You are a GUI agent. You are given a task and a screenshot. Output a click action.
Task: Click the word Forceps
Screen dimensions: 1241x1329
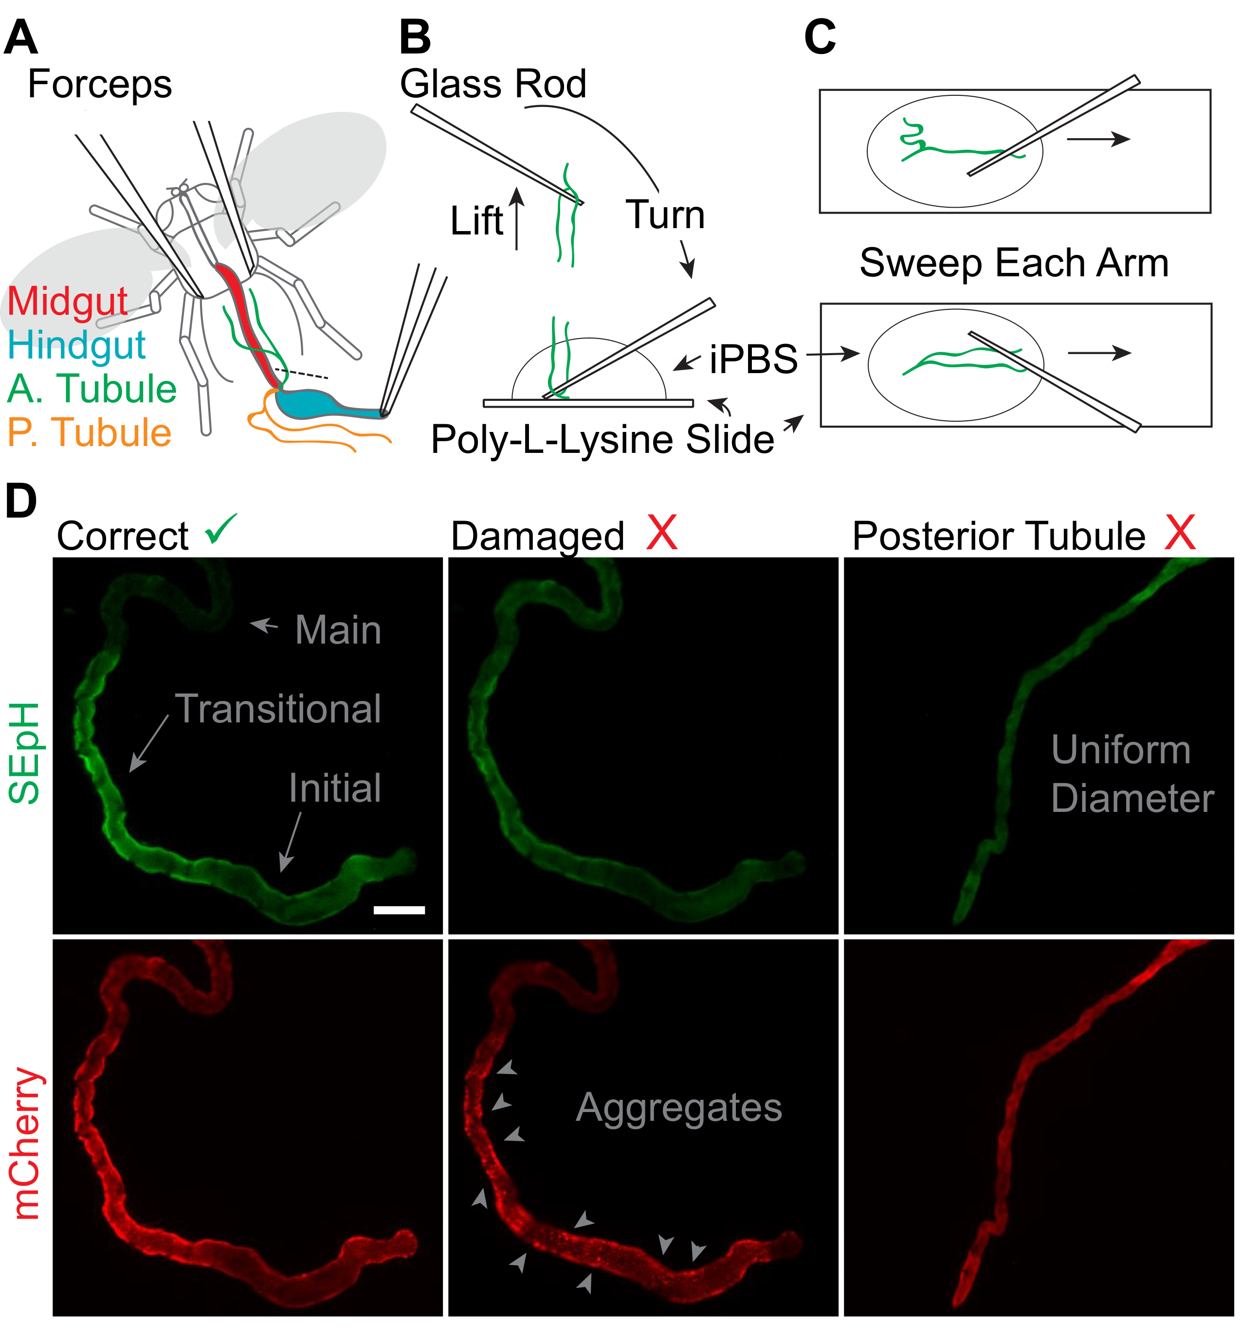click(100, 85)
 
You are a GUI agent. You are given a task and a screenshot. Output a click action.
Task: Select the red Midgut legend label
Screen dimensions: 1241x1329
click(68, 302)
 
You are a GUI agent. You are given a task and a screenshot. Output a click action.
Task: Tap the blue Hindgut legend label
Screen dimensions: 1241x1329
click(76, 345)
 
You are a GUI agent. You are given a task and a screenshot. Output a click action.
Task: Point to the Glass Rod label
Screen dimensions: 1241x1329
click(493, 84)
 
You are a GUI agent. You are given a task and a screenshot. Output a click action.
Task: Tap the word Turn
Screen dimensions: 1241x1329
click(665, 216)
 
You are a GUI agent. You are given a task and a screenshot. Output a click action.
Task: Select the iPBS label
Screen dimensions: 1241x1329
click(753, 359)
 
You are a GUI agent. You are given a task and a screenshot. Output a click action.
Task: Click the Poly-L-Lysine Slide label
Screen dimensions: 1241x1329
click(602, 440)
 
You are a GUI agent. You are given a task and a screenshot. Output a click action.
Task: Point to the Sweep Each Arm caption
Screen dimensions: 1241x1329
click(1014, 263)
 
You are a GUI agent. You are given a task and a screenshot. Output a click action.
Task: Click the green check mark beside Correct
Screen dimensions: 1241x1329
click(221, 529)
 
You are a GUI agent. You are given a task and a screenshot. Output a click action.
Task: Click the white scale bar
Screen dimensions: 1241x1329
click(399, 910)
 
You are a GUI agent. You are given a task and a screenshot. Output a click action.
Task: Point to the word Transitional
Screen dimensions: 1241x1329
click(278, 709)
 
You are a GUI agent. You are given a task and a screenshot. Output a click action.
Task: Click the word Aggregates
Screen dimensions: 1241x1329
click(679, 1108)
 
